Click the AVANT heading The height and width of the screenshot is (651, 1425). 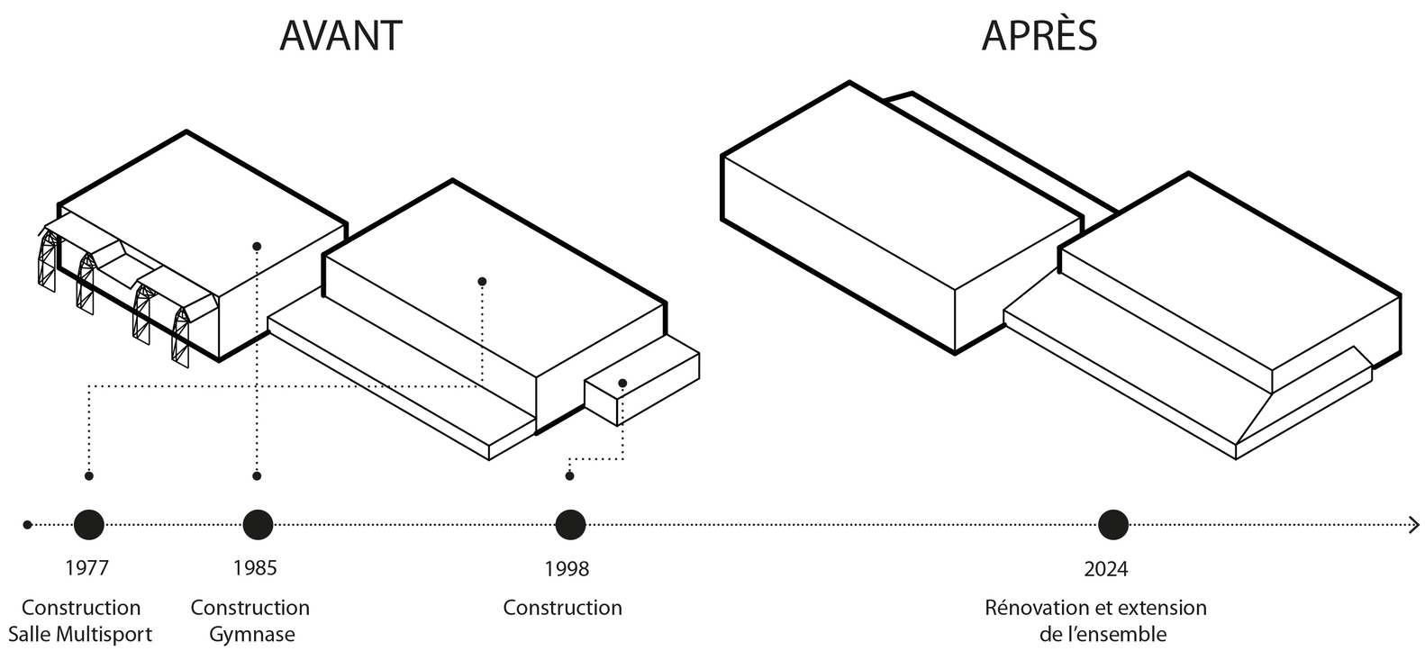[x=340, y=36]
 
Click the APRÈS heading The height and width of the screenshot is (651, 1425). [x=1039, y=36]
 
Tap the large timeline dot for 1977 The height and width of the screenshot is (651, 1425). [x=88, y=524]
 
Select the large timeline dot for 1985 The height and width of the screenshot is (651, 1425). [x=258, y=524]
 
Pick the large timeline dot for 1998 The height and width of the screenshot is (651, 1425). [x=570, y=524]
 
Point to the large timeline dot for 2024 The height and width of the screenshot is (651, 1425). [x=1113, y=524]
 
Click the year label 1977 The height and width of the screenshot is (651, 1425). [x=87, y=568]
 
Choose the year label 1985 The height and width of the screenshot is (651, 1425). [x=255, y=568]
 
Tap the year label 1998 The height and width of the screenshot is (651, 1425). [x=567, y=569]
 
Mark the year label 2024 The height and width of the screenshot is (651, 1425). [x=1106, y=569]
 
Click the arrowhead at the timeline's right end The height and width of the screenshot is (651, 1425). [x=1413, y=524]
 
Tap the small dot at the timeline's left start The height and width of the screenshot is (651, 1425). [x=28, y=524]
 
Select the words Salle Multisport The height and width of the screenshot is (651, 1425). [x=80, y=634]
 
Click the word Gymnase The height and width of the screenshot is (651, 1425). [x=252, y=634]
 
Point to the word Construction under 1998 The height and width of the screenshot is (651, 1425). [x=562, y=608]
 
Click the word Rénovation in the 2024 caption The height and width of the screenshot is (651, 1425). [x=1034, y=608]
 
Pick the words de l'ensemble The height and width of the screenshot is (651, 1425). [x=1103, y=634]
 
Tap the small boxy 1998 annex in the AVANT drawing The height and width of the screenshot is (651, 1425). [x=641, y=387]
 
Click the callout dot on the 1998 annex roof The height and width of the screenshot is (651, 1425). [x=622, y=384]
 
